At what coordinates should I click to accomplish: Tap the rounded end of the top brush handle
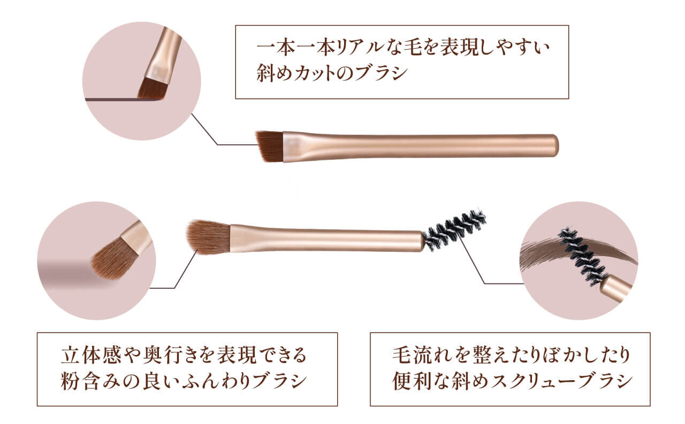pos(554,145)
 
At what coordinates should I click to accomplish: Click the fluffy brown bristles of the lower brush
pos(209,237)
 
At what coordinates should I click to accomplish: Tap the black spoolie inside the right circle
pos(583,257)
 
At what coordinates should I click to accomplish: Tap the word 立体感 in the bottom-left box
pos(91,355)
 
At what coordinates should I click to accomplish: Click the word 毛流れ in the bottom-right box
pos(422,355)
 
